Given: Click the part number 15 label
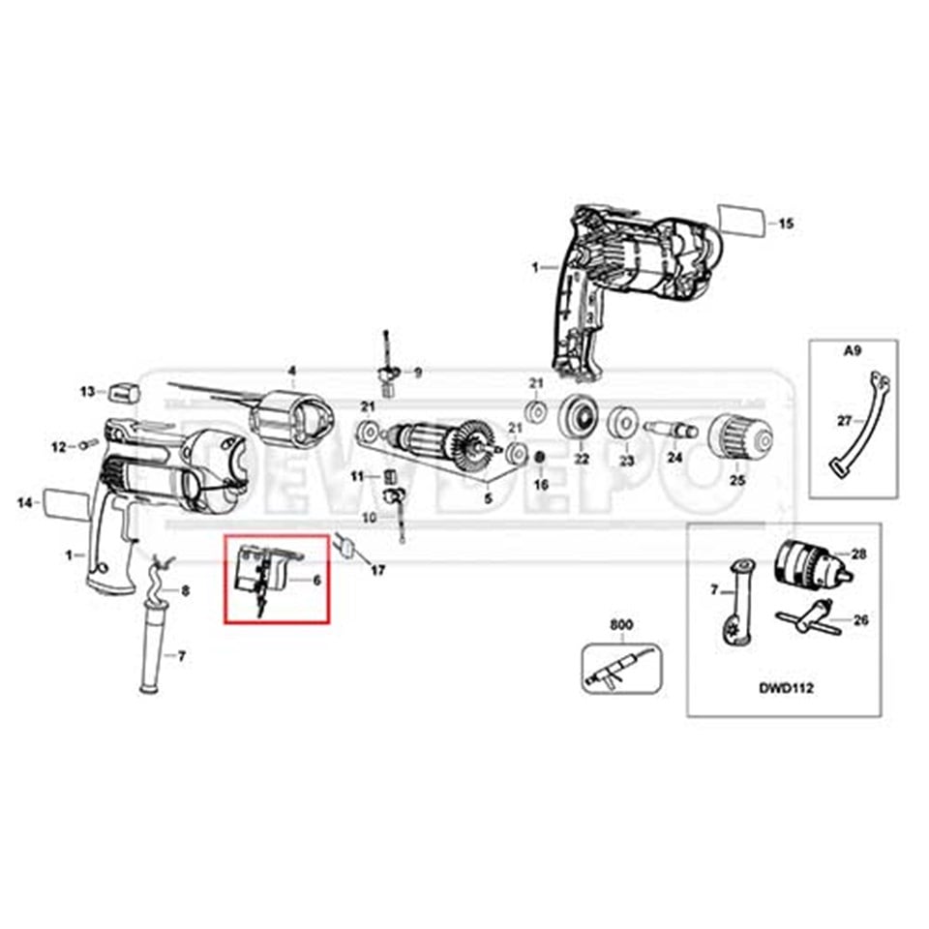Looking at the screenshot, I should point(787,224).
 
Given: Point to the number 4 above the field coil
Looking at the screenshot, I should point(291,371).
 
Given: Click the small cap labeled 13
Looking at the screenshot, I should point(124,391).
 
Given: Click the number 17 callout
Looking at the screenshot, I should point(377,571).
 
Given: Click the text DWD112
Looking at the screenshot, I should point(785,689).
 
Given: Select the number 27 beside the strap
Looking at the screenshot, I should point(844,420).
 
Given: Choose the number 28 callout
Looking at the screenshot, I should point(858,554).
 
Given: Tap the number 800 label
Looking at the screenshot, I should point(620,626).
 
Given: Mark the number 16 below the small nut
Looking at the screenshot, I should point(542,483).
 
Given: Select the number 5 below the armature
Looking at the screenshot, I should point(489,497).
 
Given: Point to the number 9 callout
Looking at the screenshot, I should point(418,372).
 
